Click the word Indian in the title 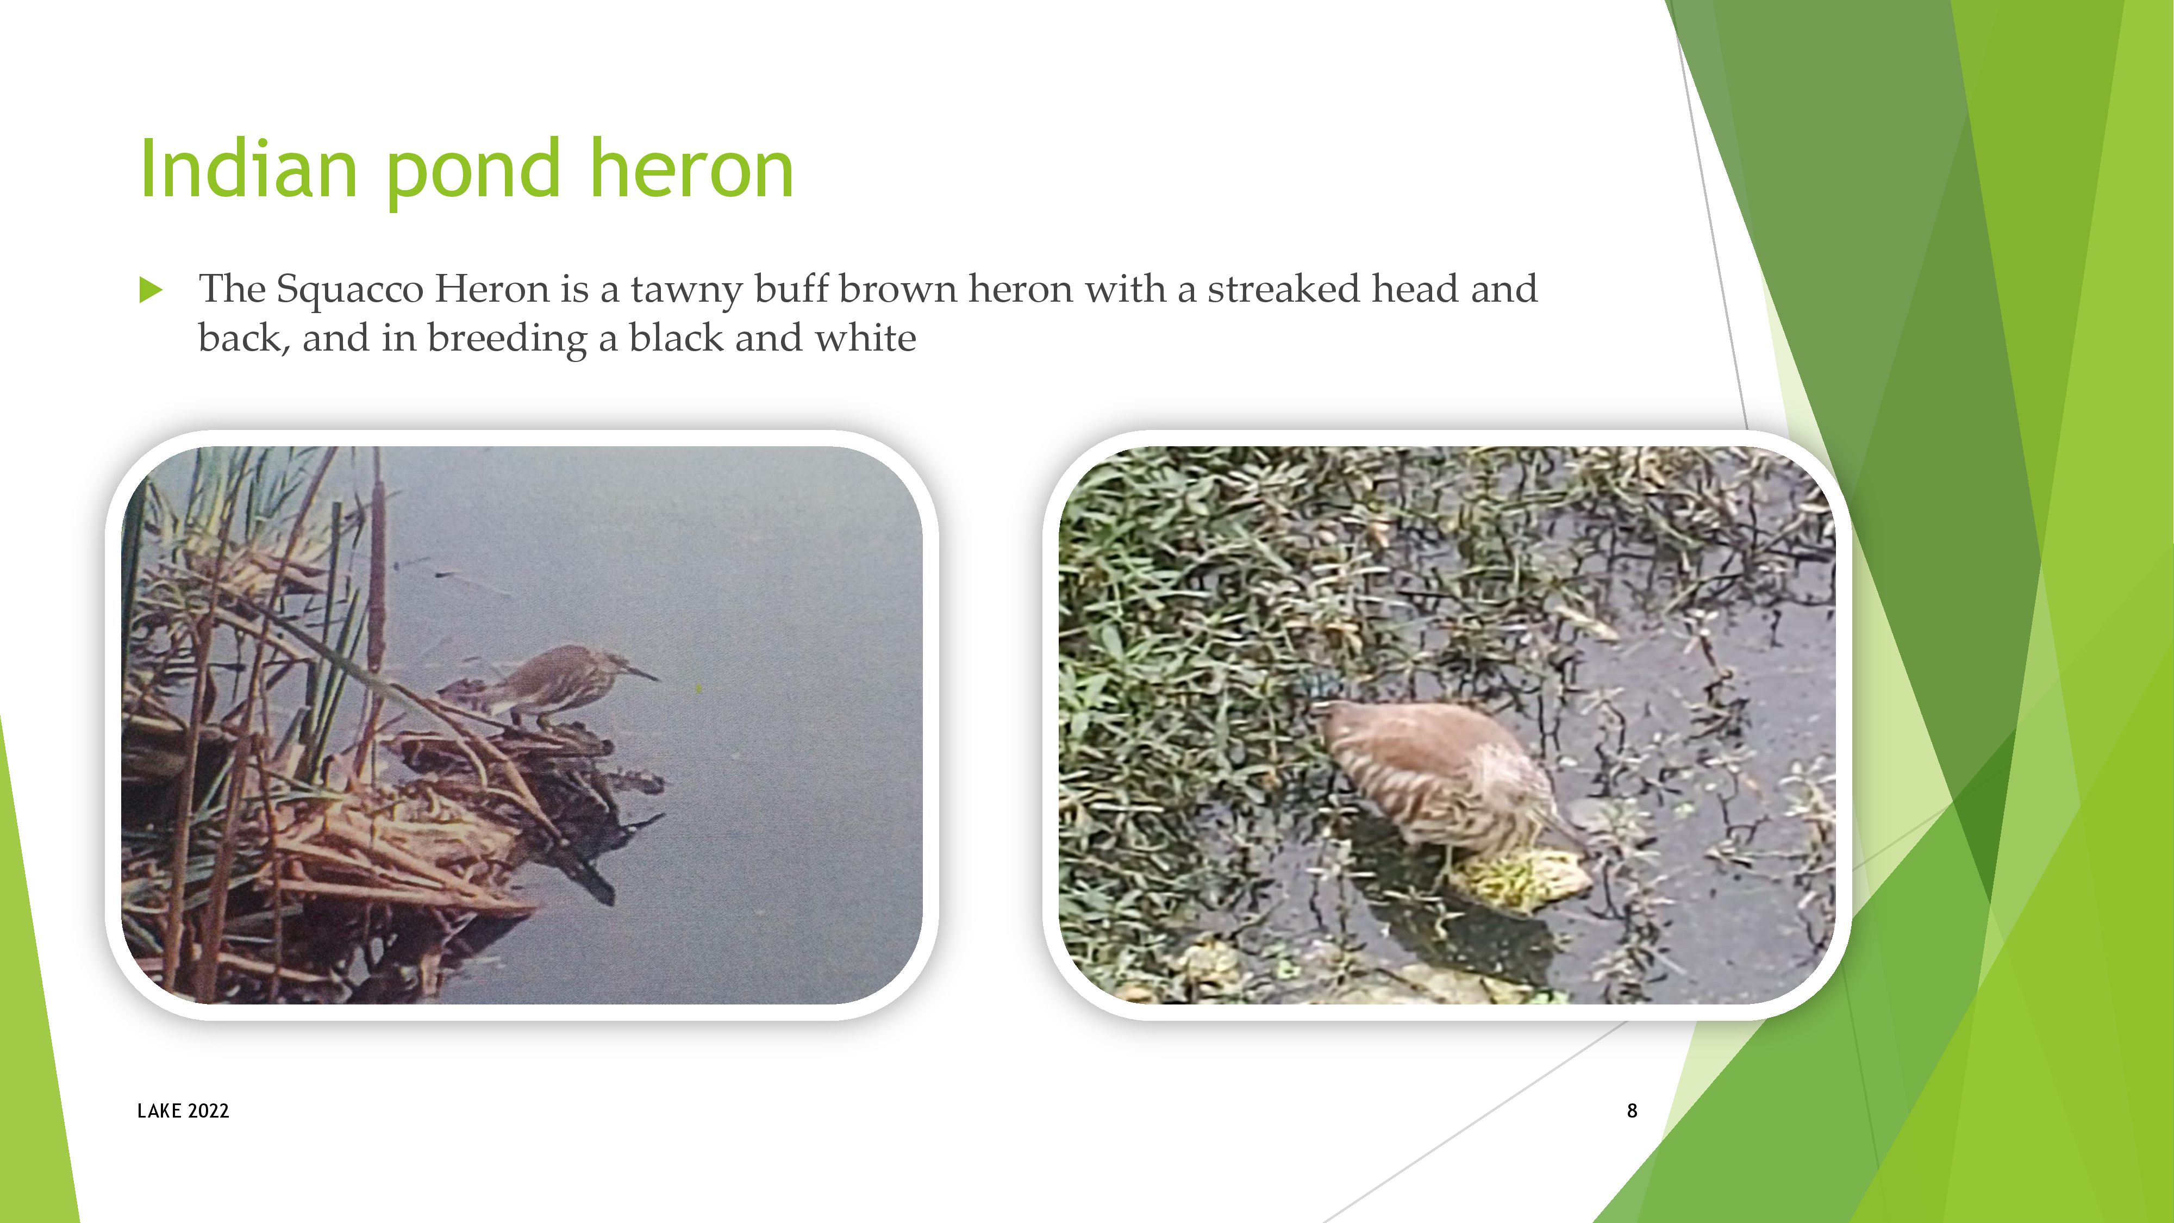coord(248,169)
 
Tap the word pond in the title coord(473,172)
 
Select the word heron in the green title coord(691,169)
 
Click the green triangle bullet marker coord(150,290)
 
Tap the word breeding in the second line coord(507,339)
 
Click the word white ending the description coord(865,338)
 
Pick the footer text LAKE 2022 coord(183,1110)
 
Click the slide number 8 coord(1632,1110)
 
